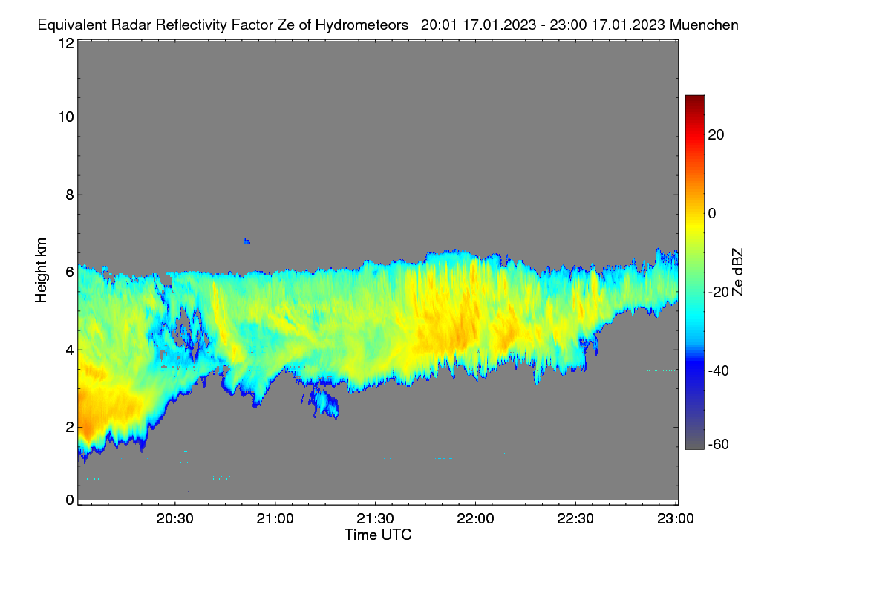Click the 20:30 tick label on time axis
(174, 519)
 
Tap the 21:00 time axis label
(275, 519)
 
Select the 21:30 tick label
(375, 519)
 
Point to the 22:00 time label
(475, 519)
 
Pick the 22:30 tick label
(575, 519)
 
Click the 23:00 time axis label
(676, 519)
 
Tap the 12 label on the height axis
(66, 43)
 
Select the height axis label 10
(66, 117)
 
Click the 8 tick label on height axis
(70, 195)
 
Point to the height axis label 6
(70, 272)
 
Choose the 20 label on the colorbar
(716, 135)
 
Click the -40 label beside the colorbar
(719, 371)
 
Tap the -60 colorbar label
(719, 445)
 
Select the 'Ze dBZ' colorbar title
(737, 272)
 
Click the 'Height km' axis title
(41, 270)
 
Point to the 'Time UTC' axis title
(378, 535)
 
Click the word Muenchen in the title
(704, 25)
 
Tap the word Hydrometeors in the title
(362, 25)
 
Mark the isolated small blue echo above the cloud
(247, 241)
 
